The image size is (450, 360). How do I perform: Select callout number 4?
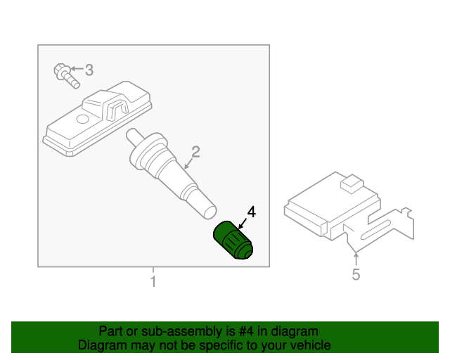point(251,212)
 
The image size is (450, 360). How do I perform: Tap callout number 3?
point(89,70)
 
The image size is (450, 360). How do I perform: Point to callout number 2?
point(195,151)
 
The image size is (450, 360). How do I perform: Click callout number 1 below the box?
point(153,282)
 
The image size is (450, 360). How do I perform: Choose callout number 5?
point(356,275)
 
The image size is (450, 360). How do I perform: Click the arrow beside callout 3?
point(77,70)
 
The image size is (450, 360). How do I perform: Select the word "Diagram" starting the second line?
point(101,345)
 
